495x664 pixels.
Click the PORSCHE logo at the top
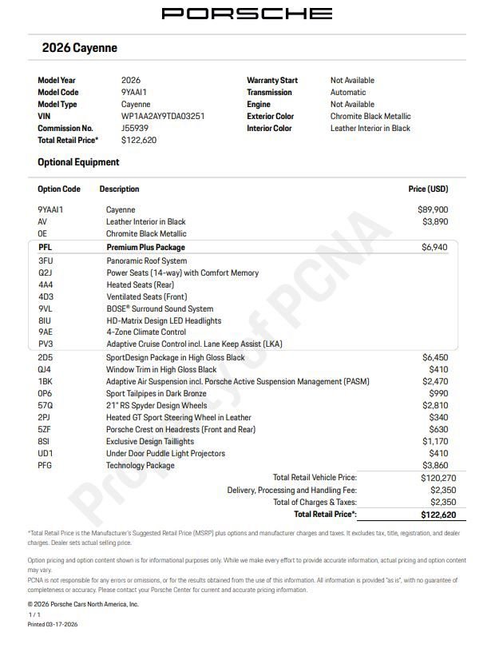[x=247, y=14]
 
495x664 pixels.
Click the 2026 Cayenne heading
[x=79, y=48]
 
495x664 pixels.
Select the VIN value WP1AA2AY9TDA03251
[x=162, y=116]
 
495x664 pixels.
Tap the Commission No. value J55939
[x=134, y=128]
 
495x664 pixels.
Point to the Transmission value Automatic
[x=348, y=92]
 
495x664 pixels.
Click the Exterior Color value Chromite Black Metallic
[x=370, y=116]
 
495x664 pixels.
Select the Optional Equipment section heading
[x=78, y=162]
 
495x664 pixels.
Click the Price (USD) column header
[x=428, y=189]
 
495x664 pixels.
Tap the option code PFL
[x=45, y=248]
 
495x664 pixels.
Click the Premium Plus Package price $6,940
[x=434, y=248]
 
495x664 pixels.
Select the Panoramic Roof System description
[x=146, y=260]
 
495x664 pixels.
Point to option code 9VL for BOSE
[x=45, y=308]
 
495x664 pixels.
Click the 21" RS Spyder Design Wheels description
[x=156, y=405]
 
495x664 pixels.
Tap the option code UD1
[x=46, y=453]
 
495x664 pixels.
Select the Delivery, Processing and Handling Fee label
[x=291, y=490]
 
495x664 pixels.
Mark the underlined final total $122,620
[x=438, y=515]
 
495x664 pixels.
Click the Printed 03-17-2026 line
[x=53, y=624]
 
